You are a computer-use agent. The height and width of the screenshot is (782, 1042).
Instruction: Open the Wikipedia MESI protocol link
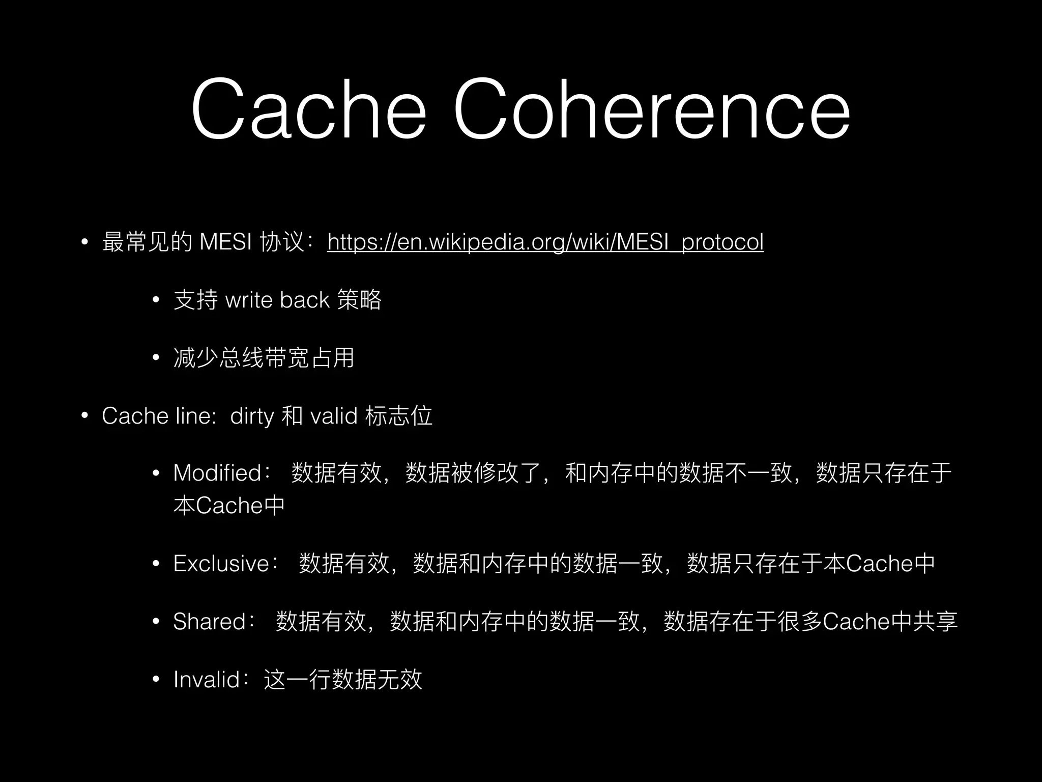545,242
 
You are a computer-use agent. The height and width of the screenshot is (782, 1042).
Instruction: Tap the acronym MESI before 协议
225,242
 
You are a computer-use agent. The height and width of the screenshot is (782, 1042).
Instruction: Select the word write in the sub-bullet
248,300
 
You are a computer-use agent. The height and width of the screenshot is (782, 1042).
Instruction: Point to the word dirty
252,416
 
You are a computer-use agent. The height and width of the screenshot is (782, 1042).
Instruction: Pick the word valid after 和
333,416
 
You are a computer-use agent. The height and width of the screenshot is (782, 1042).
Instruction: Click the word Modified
217,473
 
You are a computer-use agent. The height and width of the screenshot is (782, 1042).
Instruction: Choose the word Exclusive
221,564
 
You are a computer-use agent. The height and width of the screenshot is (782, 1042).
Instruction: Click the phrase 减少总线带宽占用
264,358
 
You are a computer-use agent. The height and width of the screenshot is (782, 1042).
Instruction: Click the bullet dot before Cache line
85,416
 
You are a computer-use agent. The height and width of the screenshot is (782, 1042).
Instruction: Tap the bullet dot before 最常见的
85,242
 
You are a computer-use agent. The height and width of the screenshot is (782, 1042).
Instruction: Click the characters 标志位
399,416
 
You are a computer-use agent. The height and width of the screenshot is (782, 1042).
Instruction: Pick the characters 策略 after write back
359,300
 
